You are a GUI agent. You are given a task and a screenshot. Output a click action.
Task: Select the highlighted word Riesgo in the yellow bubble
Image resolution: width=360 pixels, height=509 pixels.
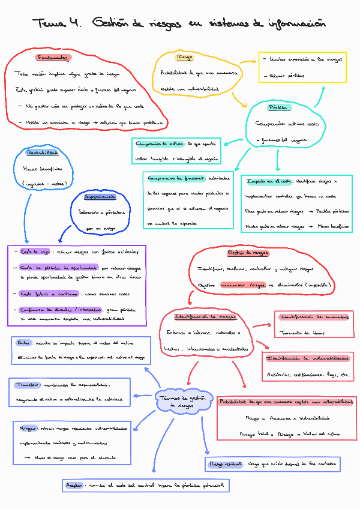(x=185, y=58)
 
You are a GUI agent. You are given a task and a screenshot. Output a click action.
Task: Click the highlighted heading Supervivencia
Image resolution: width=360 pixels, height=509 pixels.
(x=100, y=197)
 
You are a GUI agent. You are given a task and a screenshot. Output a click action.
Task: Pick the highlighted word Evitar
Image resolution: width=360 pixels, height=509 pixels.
(x=24, y=343)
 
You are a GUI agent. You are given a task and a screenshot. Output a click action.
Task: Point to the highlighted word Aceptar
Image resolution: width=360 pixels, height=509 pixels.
(x=74, y=484)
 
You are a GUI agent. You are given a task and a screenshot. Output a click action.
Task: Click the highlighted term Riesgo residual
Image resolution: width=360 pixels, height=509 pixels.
(x=225, y=464)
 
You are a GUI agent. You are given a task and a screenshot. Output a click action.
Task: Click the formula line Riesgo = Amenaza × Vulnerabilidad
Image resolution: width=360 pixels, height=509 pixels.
(x=287, y=418)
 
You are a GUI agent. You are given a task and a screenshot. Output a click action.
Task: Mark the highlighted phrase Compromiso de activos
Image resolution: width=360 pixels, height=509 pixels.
(x=159, y=144)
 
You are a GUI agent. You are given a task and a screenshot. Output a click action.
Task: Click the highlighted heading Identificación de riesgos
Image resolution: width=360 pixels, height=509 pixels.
(x=204, y=316)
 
